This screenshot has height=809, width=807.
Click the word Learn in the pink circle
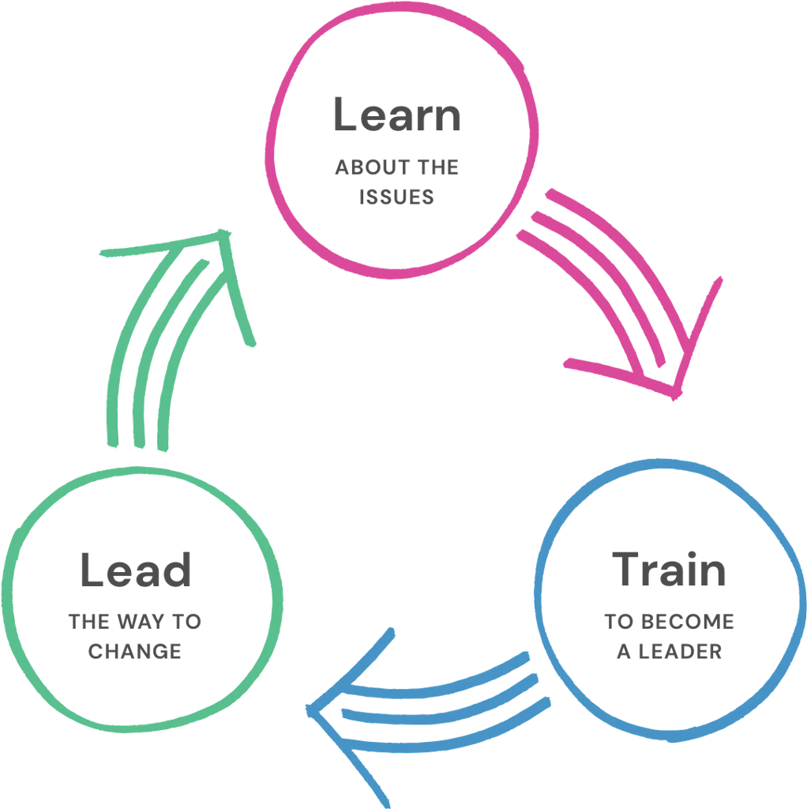click(396, 115)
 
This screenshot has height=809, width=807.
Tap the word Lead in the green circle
click(135, 570)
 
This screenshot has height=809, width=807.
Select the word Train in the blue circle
click(668, 570)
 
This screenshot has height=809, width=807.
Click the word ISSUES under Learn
click(397, 197)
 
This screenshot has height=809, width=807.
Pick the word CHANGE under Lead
click(135, 653)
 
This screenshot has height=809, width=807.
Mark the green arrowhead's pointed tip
click(230, 231)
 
